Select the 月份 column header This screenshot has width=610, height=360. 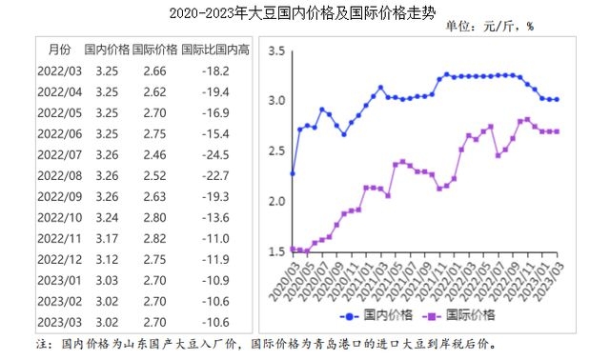click(x=58, y=49)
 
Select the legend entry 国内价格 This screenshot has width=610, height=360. click(x=382, y=314)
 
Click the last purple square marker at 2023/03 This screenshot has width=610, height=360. click(x=558, y=131)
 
